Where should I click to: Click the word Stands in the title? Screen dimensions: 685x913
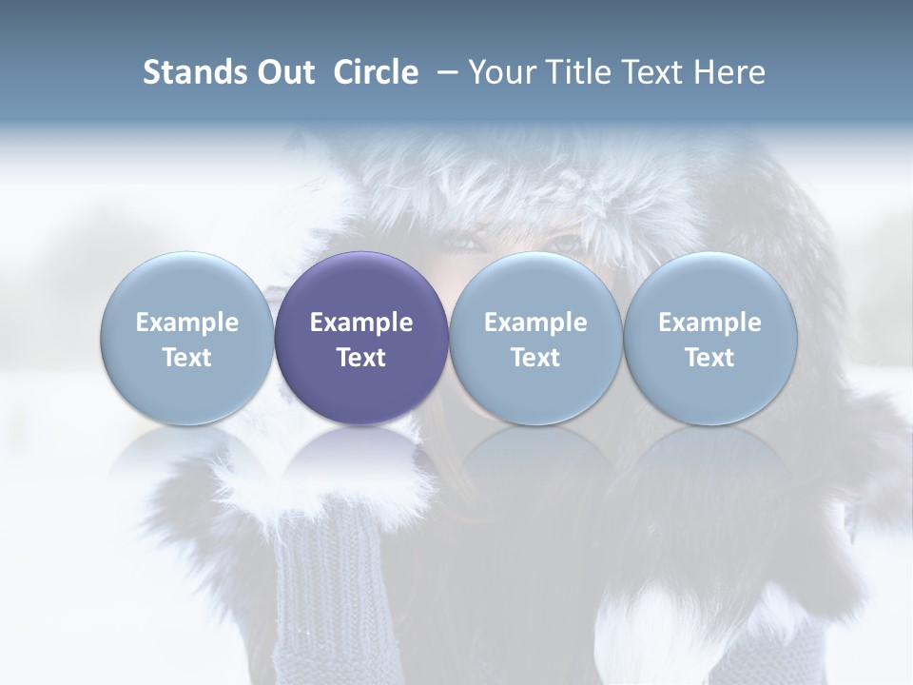click(196, 72)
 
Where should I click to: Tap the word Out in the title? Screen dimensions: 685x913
click(286, 72)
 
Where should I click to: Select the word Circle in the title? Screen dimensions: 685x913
click(376, 72)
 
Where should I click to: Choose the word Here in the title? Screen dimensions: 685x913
click(729, 72)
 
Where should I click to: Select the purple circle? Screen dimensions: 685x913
click(361, 338)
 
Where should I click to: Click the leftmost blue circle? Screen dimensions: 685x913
click(187, 338)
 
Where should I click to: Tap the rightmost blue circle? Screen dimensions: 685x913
click(709, 338)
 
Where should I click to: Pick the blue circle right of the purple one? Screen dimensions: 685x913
click(535, 338)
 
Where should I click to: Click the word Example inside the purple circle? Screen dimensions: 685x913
click(361, 323)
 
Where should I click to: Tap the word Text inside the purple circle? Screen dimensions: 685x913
click(361, 358)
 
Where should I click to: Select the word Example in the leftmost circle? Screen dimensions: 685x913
click(187, 323)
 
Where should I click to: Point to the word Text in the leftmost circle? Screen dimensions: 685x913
click(187, 358)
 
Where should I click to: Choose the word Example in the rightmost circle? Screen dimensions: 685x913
click(709, 323)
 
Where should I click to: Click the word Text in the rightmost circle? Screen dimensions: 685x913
click(709, 358)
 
